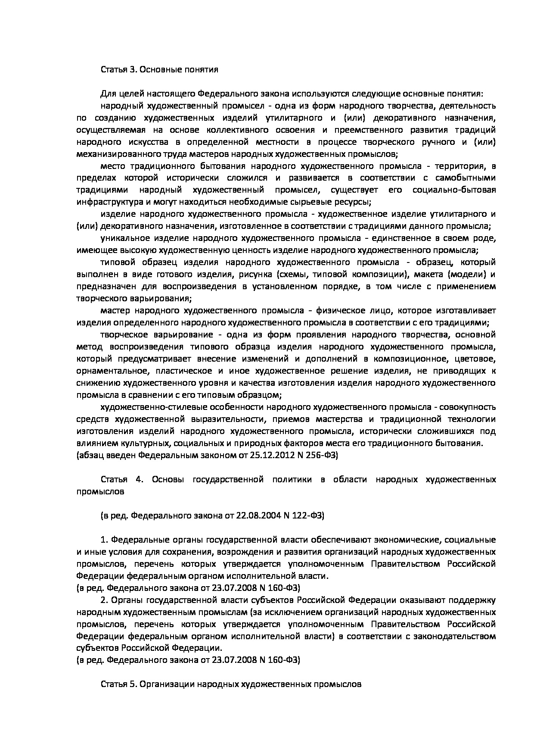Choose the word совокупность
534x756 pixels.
tap(469, 407)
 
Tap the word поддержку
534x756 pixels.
tap(473, 600)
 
